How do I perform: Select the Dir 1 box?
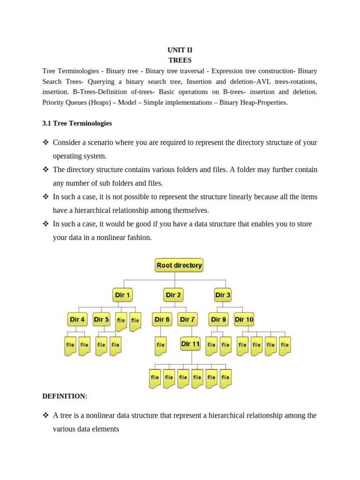pyautogui.click(x=123, y=295)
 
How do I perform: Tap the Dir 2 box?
pyautogui.click(x=173, y=295)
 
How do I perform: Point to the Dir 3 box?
pyautogui.click(x=223, y=295)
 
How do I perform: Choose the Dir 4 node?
pyautogui.click(x=77, y=319)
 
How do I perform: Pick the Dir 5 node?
pyautogui.click(x=102, y=319)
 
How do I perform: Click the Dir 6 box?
pyautogui.click(x=162, y=319)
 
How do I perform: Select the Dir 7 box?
pyautogui.click(x=187, y=319)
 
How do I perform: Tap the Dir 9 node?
pyautogui.click(x=218, y=319)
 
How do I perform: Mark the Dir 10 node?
pyautogui.click(x=244, y=319)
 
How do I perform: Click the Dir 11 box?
pyautogui.click(x=190, y=344)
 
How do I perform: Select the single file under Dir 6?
pyautogui.click(x=161, y=345)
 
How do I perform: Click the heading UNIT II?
pyautogui.click(x=180, y=50)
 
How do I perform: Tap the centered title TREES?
pyautogui.click(x=180, y=60)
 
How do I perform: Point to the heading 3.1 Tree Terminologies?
pyautogui.click(x=77, y=123)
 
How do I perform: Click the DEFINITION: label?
pyautogui.click(x=65, y=396)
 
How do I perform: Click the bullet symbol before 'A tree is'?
pyautogui.click(x=45, y=415)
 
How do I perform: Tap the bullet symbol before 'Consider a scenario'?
pyautogui.click(x=45, y=142)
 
